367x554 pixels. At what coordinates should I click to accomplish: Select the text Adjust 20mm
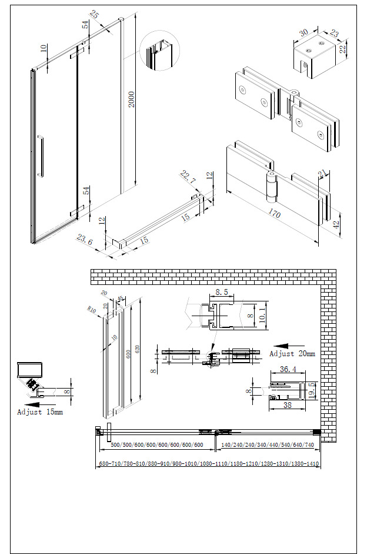point(292,354)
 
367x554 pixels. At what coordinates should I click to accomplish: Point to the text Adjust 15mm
point(39,412)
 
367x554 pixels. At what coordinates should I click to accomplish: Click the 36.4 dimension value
point(288,370)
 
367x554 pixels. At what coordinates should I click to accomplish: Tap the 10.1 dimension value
point(262,316)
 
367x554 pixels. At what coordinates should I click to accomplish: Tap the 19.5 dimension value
point(312,389)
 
